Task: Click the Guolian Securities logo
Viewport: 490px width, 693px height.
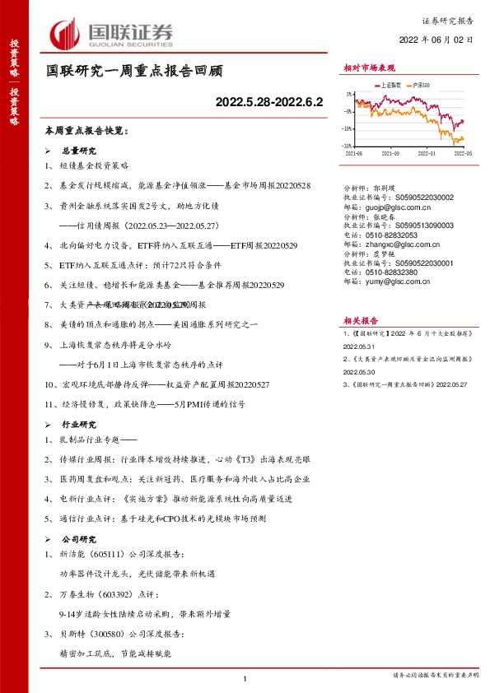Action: click(x=113, y=34)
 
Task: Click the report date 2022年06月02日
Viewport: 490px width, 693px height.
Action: click(x=436, y=39)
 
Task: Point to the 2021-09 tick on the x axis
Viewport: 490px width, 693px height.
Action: click(x=392, y=153)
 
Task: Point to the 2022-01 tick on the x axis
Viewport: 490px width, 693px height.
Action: click(x=427, y=153)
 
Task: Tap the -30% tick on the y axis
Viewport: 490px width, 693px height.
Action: click(x=349, y=147)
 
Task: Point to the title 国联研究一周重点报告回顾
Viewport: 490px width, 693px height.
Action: click(x=133, y=72)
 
